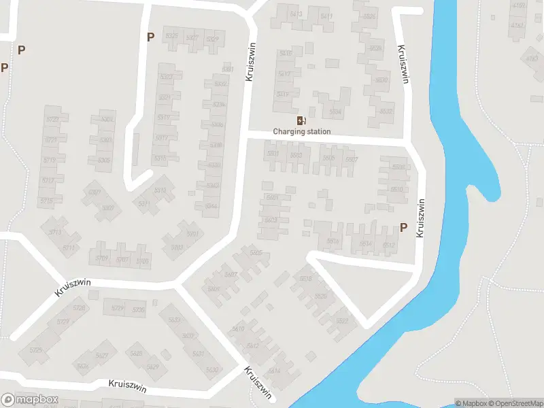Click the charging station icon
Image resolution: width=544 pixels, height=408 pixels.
[301, 120]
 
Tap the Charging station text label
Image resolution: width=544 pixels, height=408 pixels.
[302, 131]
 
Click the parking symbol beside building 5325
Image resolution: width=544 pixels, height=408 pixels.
[150, 37]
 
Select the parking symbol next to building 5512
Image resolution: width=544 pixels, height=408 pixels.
[403, 228]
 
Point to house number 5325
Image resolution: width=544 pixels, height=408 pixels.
[171, 36]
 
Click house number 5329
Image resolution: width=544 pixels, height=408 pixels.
[212, 39]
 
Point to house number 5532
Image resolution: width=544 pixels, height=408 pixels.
[386, 111]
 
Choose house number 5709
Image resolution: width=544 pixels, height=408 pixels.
[101, 258]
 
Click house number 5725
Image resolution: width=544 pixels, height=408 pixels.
[35, 350]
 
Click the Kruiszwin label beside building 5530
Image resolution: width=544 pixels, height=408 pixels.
[404, 65]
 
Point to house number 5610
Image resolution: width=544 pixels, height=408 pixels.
[238, 329]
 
